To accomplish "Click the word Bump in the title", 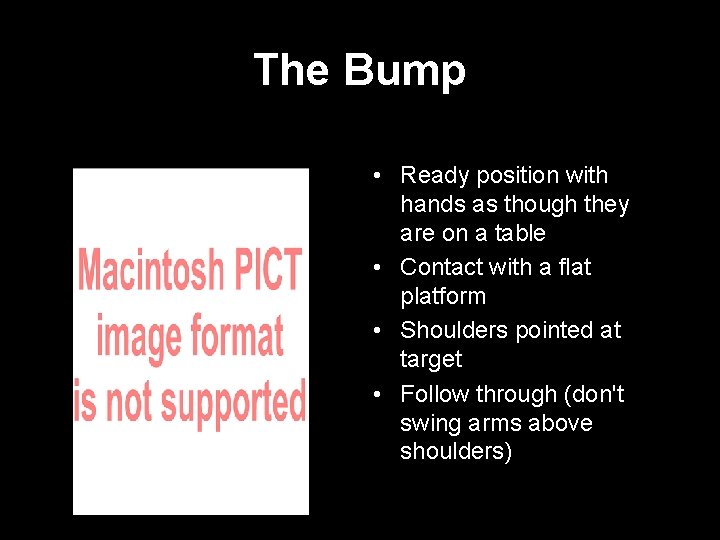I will pos(404,71).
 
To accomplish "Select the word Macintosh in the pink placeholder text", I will pos(152,271).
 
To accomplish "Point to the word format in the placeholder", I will pos(235,336).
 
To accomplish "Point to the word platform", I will pos(443,296).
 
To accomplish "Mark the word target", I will pos(431,359).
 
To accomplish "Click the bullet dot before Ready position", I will pos(373,177).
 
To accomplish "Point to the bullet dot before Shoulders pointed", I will pos(373,331).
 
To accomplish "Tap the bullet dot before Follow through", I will pos(373,395).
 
